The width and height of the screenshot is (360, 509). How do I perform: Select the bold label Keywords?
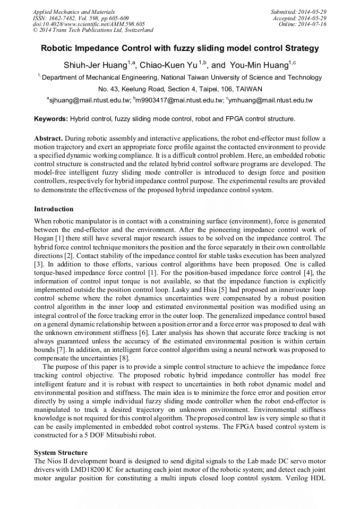[51, 118]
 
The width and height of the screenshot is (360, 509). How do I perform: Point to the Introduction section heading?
[54, 209]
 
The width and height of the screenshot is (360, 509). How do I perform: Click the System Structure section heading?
[61, 452]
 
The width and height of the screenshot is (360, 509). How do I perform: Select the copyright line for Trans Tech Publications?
[93, 30]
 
